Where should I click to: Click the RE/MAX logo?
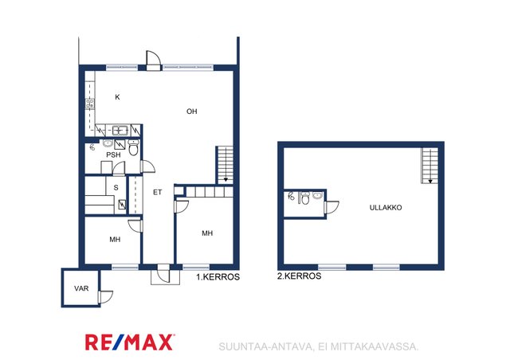point(129,342)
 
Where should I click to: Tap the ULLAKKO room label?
point(386,208)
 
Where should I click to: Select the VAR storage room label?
point(81,288)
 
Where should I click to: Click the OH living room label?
point(191,112)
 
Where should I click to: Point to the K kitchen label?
point(117,97)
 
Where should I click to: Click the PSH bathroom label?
point(113,155)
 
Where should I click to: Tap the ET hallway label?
point(158,192)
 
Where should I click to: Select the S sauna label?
point(116,188)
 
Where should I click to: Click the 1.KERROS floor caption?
point(218,276)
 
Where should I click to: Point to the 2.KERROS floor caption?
point(300,276)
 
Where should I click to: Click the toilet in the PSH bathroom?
point(133,147)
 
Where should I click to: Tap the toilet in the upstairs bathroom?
point(305,198)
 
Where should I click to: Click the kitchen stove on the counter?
point(90,104)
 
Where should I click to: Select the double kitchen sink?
point(120,131)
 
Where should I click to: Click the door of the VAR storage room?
point(105,297)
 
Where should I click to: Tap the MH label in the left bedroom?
point(115,240)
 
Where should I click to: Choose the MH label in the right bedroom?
point(207,233)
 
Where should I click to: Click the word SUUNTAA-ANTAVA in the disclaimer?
point(266,346)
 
